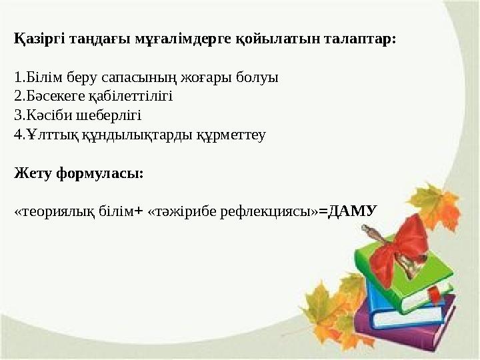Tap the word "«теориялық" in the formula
[x=43, y=212]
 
